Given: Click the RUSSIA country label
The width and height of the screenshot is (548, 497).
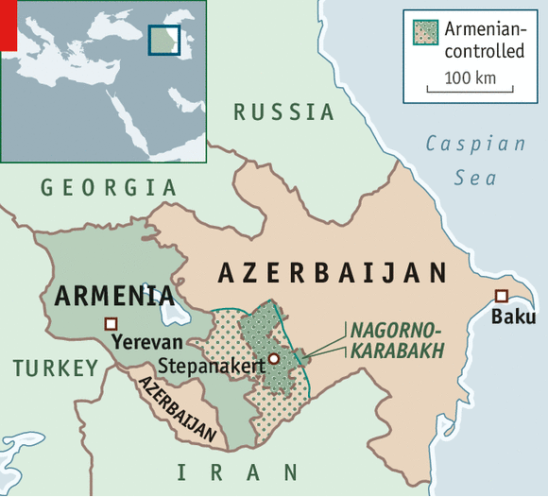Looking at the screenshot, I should tap(284, 112).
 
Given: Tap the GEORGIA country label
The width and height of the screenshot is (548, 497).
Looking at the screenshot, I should tap(109, 188).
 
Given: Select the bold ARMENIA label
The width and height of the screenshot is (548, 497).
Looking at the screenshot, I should tap(113, 296).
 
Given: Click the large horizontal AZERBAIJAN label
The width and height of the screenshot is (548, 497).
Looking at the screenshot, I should tap(332, 273).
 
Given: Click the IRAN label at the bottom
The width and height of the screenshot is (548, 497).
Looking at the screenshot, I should tap(238, 471).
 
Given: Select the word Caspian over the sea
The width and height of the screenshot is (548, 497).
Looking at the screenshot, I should tap(475, 144).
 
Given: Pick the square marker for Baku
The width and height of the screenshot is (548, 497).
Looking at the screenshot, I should tap(501, 296).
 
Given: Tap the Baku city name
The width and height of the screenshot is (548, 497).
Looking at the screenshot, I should tap(513, 317).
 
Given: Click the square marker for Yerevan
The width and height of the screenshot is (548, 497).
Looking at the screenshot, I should tap(111, 324).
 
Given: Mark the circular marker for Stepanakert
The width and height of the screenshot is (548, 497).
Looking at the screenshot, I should tap(273, 359).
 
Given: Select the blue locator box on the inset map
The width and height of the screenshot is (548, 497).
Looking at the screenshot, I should tap(163, 40).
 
